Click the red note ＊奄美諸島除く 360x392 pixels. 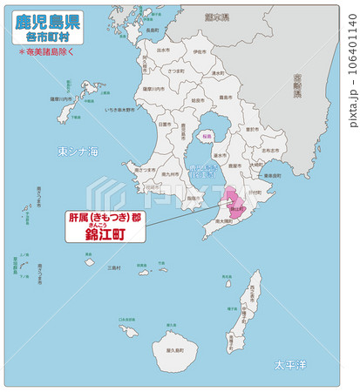(47, 52)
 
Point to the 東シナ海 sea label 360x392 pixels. (78, 152)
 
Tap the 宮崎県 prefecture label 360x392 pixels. (297, 84)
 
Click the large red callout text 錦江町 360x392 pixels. (104, 234)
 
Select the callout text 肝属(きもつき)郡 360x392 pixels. (104, 217)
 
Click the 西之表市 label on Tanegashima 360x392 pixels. (254, 297)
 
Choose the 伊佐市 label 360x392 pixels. (200, 52)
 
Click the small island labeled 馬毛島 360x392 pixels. (226, 281)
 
